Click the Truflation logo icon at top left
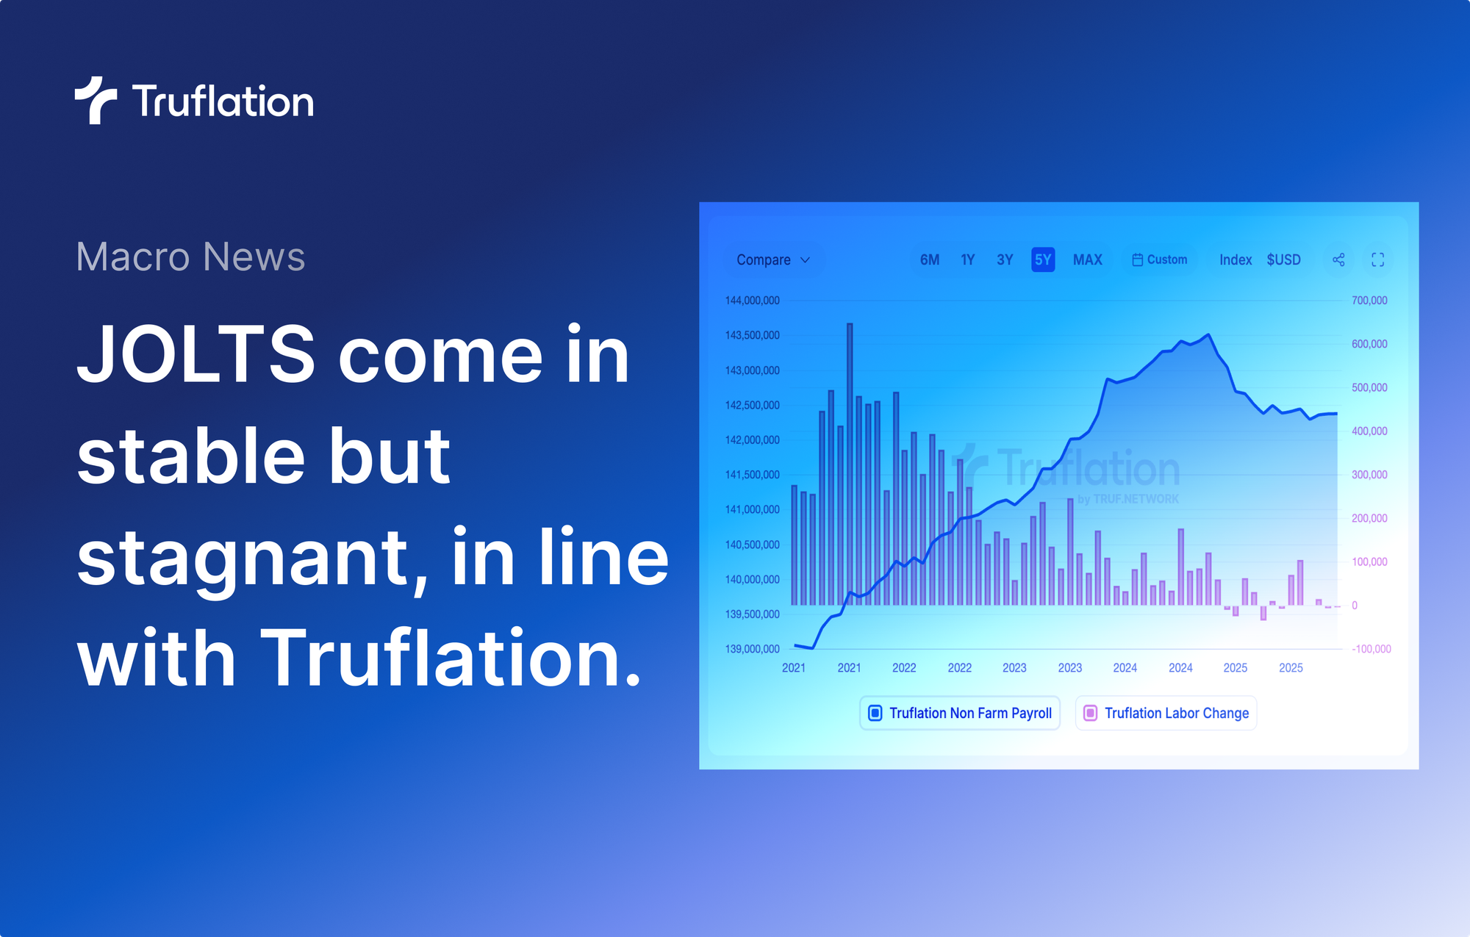[96, 101]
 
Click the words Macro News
[190, 256]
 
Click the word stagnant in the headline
[243, 559]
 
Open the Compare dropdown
[773, 260]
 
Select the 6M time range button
[930, 260]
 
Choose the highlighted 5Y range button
[1043, 260]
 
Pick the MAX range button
[1087, 260]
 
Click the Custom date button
[1160, 260]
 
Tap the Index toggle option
[1236, 260]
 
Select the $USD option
[1283, 260]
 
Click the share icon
[1338, 260]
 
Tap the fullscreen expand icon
[1378, 260]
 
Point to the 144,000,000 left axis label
[752, 301]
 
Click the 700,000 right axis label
[1369, 301]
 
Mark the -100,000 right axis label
[1371, 649]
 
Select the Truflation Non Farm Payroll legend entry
[960, 713]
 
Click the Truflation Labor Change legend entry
[1166, 713]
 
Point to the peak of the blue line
[1209, 335]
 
